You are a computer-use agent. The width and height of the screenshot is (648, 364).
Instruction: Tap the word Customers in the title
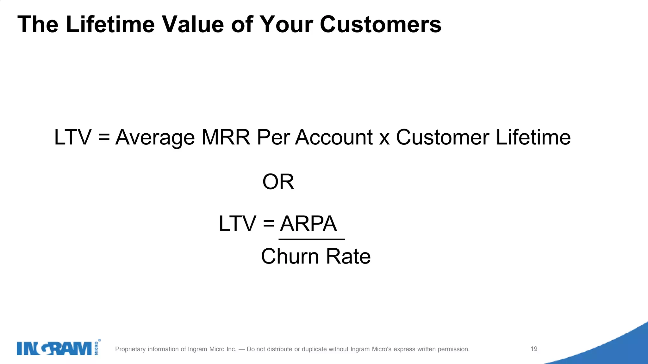coord(380,24)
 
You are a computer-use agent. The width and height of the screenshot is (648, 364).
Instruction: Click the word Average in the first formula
coord(155,138)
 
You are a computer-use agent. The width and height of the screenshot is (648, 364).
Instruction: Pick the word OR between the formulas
coord(278,182)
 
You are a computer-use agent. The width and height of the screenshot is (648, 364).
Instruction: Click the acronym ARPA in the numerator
coord(308,224)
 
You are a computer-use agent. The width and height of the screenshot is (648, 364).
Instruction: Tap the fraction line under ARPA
coord(312,240)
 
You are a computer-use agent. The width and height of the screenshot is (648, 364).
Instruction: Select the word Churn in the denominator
coord(290,256)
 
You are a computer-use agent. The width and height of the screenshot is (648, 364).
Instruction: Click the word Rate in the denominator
coord(348,256)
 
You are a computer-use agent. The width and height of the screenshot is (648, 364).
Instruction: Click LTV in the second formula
coord(237,224)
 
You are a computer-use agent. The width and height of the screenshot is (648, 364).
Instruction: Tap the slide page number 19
coord(534,349)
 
